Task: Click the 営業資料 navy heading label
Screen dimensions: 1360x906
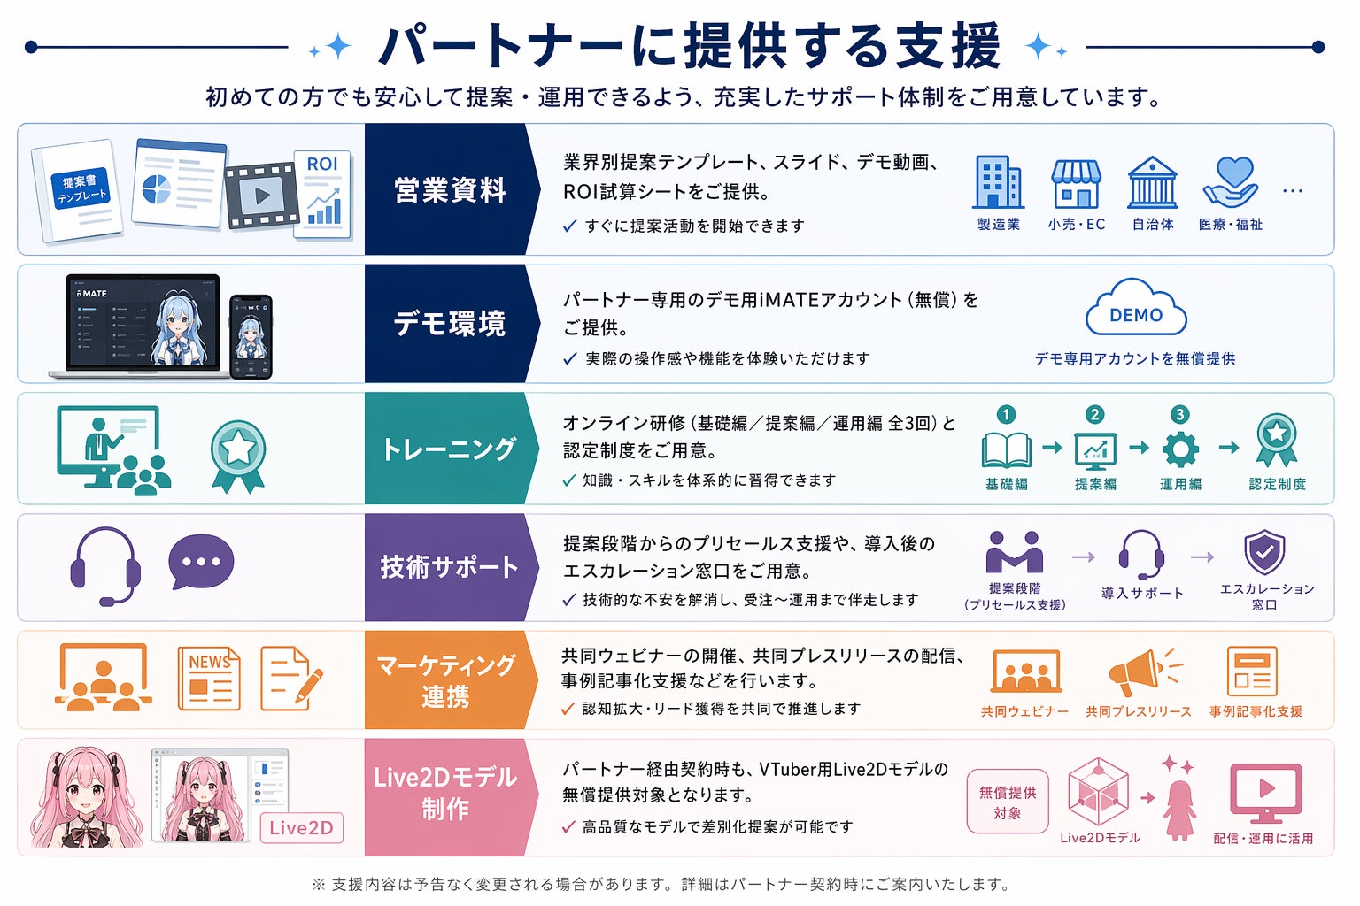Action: point(449,190)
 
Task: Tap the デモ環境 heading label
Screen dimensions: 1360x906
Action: point(449,324)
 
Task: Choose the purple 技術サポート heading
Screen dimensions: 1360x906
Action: point(449,567)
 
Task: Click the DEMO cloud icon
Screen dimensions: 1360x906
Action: point(1136,309)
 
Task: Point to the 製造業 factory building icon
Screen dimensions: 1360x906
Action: point(998,182)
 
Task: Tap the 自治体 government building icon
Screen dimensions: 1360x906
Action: point(1152,182)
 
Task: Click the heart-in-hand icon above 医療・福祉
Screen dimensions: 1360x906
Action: point(1231,181)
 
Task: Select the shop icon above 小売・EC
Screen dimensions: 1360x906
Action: point(1076,183)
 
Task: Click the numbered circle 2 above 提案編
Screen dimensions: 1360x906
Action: point(1095,414)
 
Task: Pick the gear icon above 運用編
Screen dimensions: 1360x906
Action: point(1180,449)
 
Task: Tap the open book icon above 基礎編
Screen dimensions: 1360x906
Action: point(1007,449)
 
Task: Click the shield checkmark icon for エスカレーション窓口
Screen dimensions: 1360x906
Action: point(1264,553)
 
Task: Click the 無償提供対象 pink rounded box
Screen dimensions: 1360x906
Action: point(1007,802)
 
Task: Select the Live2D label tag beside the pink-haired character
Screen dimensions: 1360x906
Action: point(301,828)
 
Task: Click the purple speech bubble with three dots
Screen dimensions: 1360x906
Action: point(202,562)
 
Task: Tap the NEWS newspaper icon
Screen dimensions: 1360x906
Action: point(209,679)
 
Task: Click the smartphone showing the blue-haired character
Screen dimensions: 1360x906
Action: point(251,337)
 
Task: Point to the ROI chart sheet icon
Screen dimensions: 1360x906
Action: point(323,194)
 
